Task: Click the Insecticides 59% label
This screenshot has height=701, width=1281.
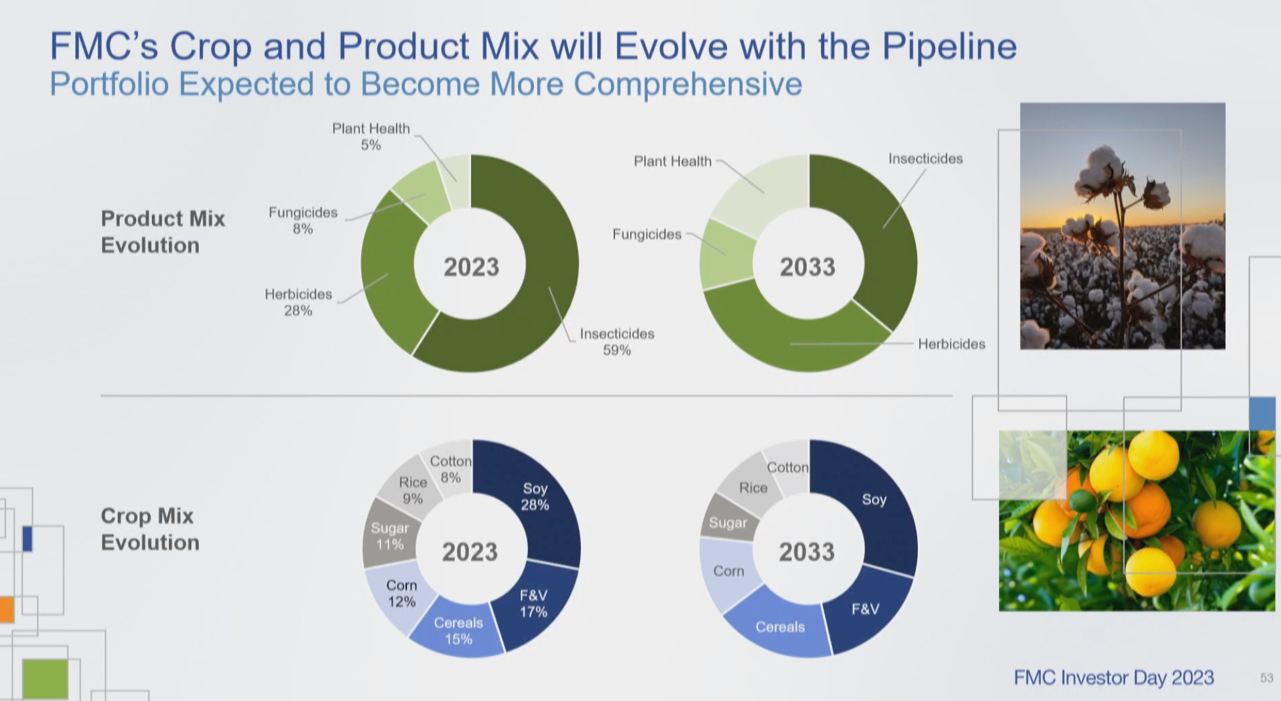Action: coord(616,341)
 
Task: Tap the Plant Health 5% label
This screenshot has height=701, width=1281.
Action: coord(371,136)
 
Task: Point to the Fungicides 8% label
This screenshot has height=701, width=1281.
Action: coord(303,220)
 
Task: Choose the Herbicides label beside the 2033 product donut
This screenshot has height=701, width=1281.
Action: coord(951,344)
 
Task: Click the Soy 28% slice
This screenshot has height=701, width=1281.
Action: coord(535,496)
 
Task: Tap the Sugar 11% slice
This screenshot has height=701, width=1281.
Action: coord(390,536)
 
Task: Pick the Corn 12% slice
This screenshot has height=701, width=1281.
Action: coord(401,592)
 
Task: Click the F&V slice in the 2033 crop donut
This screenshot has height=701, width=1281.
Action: coord(865,609)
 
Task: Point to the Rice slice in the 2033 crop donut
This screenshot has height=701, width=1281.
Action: coord(752,488)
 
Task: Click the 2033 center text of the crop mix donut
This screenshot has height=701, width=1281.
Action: coord(807,552)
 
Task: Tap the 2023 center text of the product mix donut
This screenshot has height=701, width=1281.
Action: coord(471,267)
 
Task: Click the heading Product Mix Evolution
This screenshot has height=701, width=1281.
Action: coord(162,231)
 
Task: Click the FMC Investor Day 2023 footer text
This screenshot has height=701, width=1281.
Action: coord(1114,677)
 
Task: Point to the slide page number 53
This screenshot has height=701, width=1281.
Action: coord(1267,678)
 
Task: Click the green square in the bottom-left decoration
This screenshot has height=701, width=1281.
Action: coord(45,679)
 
